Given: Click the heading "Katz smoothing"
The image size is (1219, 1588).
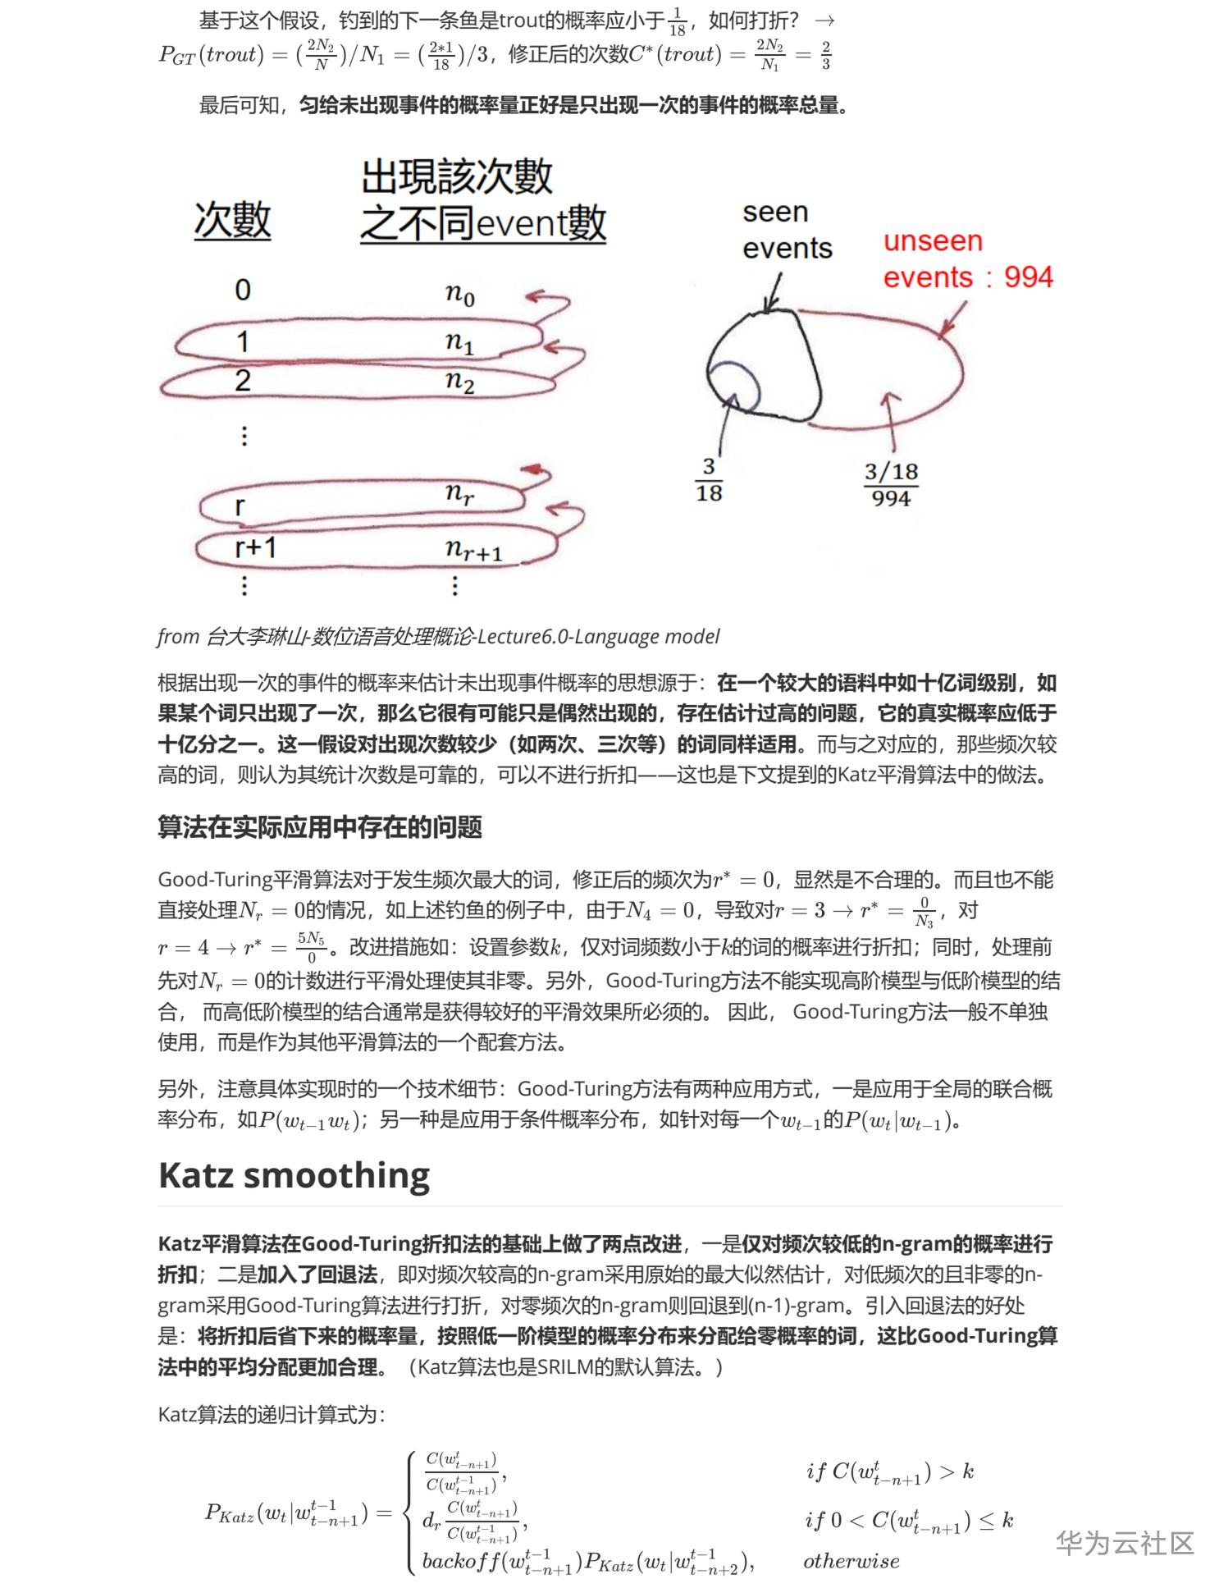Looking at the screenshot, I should pos(294,1175).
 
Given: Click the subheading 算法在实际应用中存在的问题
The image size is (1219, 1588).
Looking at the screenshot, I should pos(320,826).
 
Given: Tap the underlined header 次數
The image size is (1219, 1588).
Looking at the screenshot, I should pos(232,221).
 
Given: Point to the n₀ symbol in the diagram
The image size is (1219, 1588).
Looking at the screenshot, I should pos(460,293).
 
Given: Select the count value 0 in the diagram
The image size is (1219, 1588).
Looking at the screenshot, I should pos(243,290).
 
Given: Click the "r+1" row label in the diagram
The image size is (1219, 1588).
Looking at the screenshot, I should pos(255,546).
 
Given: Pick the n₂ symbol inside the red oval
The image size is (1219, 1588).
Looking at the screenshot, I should pos(460,381).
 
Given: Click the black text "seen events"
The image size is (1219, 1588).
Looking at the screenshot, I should pos(786,230).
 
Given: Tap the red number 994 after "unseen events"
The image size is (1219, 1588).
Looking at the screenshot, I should pos(1028,277).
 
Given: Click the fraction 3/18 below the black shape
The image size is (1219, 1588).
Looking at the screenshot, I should pos(709,479).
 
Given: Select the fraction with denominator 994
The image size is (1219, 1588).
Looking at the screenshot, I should pos(891,484).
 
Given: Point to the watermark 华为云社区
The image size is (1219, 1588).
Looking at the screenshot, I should pos(1125,1542).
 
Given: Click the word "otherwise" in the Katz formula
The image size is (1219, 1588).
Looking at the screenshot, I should pos(851,1560).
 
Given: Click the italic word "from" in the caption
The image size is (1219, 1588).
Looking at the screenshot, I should pos(178,636).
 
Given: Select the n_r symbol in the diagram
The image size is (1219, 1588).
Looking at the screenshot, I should pos(459,492).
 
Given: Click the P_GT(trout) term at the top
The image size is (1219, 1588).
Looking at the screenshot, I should pos(211,54).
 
